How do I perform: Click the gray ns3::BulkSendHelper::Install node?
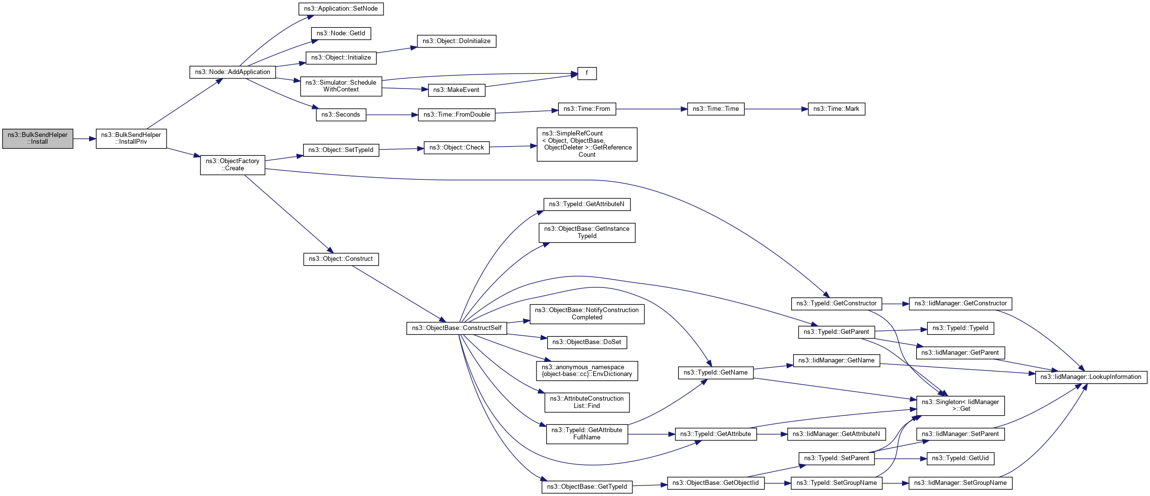37,138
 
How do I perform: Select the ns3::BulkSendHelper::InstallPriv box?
131,138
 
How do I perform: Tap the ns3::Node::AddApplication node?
232,72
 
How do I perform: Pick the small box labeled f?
587,73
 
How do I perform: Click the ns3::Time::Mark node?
836,109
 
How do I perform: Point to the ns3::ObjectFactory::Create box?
232,165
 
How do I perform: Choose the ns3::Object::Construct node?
341,259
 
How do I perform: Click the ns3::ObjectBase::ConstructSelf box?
457,328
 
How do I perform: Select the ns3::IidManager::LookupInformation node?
1091,377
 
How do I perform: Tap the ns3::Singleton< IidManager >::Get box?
960,406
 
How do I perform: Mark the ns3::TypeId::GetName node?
716,373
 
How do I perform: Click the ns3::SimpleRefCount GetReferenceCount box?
587,144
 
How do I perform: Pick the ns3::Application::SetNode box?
341,9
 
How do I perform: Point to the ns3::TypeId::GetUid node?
960,458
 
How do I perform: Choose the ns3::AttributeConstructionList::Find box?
587,402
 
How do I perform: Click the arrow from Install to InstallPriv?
84,139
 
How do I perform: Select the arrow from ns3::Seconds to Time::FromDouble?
392,115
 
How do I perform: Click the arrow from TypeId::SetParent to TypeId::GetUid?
900,458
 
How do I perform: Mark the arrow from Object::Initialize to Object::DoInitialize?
397,50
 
